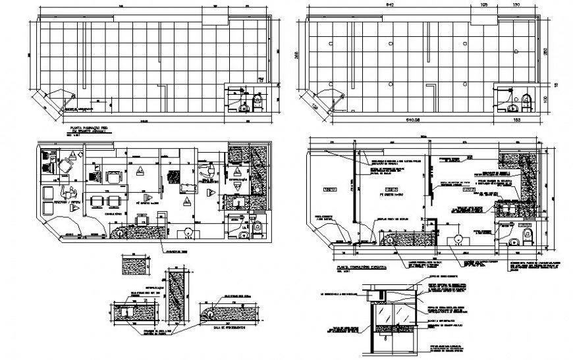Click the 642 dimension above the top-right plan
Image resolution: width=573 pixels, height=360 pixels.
click(x=389, y=6)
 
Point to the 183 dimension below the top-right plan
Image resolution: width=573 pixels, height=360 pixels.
click(x=516, y=120)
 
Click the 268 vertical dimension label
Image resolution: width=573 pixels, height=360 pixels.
click(x=297, y=57)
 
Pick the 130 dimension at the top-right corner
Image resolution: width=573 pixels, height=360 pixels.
click(x=534, y=6)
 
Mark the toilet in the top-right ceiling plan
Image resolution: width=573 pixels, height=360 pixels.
click(x=526, y=101)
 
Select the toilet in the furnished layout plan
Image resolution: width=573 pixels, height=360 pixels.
click(x=246, y=233)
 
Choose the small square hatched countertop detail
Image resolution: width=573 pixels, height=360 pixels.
click(x=134, y=267)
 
